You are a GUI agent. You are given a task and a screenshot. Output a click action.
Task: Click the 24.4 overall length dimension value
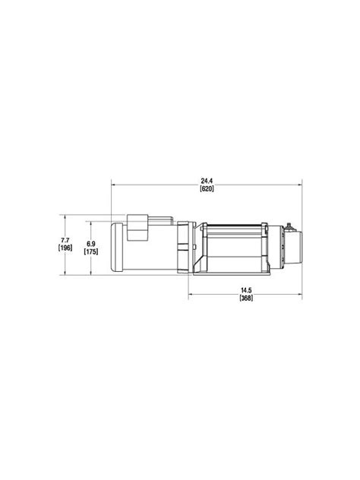pyautogui.click(x=207, y=182)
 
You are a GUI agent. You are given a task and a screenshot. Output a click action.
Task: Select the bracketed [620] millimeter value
pyautogui.click(x=207, y=188)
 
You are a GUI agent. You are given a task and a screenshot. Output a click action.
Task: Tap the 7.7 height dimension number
pyautogui.click(x=65, y=240)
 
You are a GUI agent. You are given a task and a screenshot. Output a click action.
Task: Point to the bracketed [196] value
pyautogui.click(x=65, y=248)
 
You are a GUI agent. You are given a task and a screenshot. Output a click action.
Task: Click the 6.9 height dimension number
pyautogui.click(x=91, y=244)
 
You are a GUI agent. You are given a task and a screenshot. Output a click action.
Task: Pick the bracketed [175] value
pyautogui.click(x=91, y=251)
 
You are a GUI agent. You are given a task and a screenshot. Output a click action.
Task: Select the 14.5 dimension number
pyautogui.click(x=246, y=291)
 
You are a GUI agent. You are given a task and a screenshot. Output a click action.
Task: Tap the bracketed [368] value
pyautogui.click(x=246, y=298)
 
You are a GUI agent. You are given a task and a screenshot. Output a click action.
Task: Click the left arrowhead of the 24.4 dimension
pyautogui.click(x=113, y=185)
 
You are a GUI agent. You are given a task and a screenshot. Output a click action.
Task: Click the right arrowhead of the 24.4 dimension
pyautogui.click(x=300, y=185)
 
